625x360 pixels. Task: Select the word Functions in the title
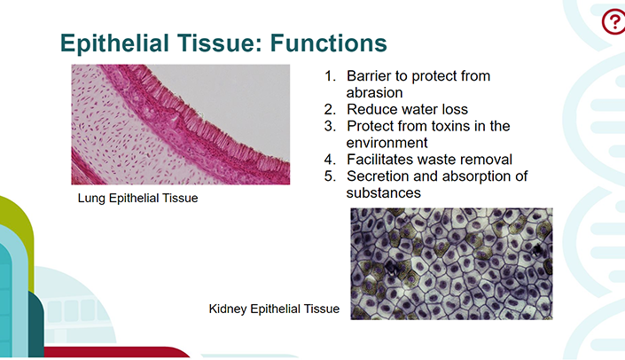point(329,43)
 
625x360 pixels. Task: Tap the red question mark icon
point(613,22)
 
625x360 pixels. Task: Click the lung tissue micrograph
point(181,124)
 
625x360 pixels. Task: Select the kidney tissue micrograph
point(451,263)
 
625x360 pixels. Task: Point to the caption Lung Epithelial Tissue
point(138,198)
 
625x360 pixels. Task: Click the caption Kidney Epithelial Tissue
point(274,309)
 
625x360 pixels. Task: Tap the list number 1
point(330,75)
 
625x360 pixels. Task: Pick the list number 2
point(330,109)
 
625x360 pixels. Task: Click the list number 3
point(330,126)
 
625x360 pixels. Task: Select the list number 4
point(330,160)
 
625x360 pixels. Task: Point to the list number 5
point(330,176)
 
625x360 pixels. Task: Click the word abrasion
point(375,93)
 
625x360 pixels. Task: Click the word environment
point(387,143)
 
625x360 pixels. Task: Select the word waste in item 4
point(438,160)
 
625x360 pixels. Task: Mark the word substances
point(384,193)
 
